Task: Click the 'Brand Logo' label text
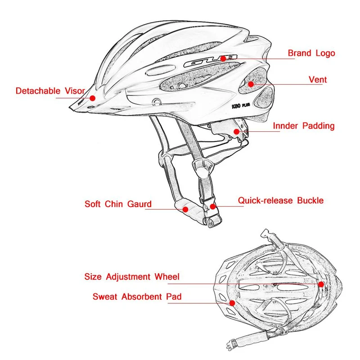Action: click(311, 53)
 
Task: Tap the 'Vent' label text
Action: click(318, 80)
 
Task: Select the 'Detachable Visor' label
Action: click(50, 91)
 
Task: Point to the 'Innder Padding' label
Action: click(303, 126)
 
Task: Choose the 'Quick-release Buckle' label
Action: click(281, 200)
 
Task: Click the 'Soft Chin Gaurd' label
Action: click(118, 204)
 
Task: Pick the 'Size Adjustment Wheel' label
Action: click(132, 277)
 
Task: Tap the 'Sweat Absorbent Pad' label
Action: click(137, 297)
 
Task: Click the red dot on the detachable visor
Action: click(93, 98)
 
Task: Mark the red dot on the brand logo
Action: click(223, 58)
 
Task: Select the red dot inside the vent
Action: click(251, 84)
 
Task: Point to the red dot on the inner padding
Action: click(237, 131)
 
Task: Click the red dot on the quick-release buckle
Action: click(213, 207)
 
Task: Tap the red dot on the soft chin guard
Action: click(185, 209)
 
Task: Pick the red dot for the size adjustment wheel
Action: click(321, 284)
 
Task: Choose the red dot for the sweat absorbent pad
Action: click(232, 303)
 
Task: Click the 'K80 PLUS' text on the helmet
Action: click(241, 106)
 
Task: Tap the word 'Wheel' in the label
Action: click(167, 277)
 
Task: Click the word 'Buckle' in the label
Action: click(310, 200)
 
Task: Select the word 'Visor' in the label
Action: click(75, 91)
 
